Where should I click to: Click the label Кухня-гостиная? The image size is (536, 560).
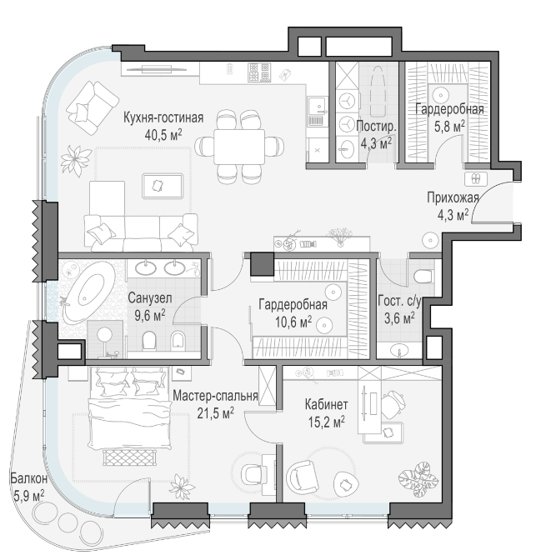163,117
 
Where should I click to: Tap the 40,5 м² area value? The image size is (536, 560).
163,135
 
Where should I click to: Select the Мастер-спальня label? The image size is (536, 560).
215,396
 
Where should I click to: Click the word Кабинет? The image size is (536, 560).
326,405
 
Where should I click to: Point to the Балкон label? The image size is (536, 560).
28,478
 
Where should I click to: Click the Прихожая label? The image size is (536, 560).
453,197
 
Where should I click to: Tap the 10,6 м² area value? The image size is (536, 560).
293,322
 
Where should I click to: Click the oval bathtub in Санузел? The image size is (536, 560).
89,292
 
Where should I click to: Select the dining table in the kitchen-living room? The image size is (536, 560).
239,147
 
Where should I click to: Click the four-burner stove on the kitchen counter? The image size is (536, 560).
259,72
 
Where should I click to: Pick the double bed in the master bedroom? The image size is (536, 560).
129,409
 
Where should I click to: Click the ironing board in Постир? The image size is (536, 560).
378,92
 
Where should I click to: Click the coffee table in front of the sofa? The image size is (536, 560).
163,186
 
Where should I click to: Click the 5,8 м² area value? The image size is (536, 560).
449,126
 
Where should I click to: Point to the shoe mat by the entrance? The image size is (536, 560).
476,178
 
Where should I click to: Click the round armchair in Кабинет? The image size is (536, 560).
303,477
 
